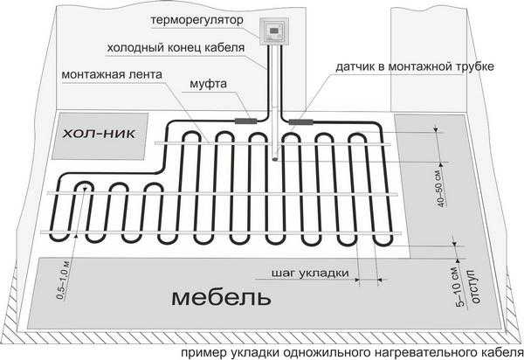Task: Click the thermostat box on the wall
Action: [273, 31]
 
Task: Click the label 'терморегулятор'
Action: [196, 20]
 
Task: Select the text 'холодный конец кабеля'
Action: [176, 48]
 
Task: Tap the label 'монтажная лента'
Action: [112, 74]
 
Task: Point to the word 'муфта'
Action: [208, 84]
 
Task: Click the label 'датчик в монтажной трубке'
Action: [415, 66]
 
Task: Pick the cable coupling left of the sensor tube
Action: [245, 121]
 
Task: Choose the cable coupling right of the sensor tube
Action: [300, 122]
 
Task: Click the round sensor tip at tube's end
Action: [275, 159]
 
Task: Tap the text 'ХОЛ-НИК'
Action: [100, 135]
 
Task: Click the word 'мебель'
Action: [221, 298]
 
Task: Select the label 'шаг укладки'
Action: [310, 273]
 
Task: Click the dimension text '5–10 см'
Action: [460, 287]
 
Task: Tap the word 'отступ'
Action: [474, 287]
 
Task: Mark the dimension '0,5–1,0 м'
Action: [64, 280]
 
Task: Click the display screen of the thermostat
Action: [273, 31]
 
